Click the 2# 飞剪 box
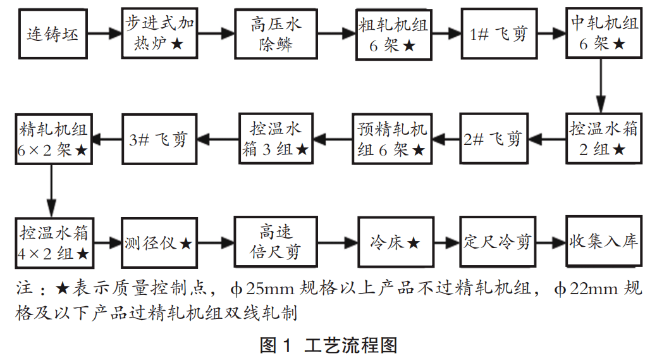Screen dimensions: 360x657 tap(493, 139)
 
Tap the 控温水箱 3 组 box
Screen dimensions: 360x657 tap(275, 139)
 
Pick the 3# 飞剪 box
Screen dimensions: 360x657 tap(157, 139)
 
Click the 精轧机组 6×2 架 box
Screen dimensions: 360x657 tap(54, 139)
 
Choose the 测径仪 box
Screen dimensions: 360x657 tap(157, 242)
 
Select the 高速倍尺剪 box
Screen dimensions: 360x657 tap(275, 242)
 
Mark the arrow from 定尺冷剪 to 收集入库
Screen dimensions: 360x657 tap(550, 242)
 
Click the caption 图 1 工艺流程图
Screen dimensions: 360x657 tap(328, 345)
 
